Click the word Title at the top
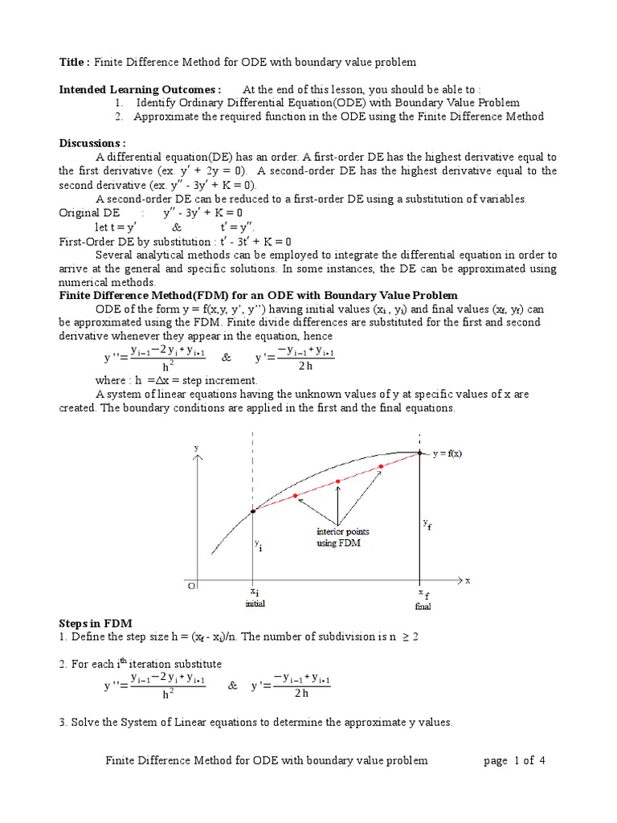(x=75, y=63)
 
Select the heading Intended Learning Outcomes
(x=140, y=89)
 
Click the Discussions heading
(x=92, y=143)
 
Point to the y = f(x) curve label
(x=447, y=453)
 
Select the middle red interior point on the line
(x=338, y=481)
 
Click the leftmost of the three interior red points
(x=296, y=495)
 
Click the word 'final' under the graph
(x=423, y=606)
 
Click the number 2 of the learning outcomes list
(x=117, y=117)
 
